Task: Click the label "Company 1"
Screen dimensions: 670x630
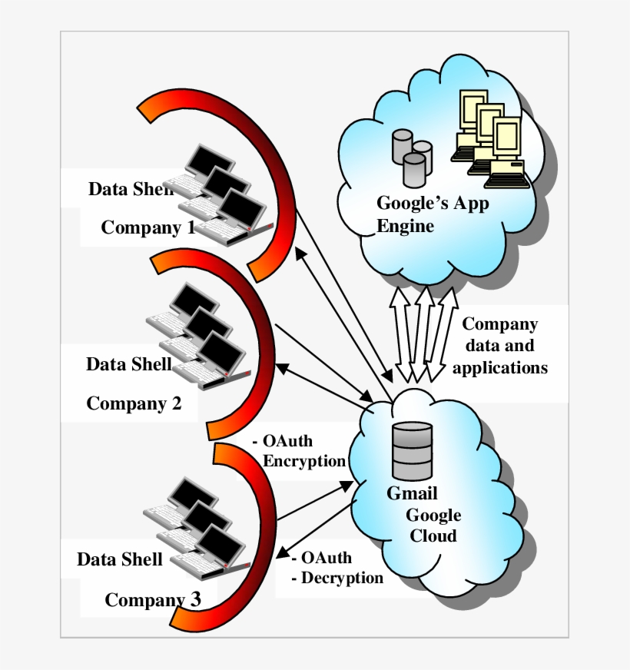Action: pos(148,228)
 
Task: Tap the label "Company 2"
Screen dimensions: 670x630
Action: pos(134,403)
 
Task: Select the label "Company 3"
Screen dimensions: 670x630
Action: pos(153,600)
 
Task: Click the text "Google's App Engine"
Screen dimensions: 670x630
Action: pos(432,214)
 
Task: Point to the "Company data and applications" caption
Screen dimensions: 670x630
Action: pos(500,346)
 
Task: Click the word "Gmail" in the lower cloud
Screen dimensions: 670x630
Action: pos(412,493)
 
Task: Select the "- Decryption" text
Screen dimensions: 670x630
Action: pos(338,578)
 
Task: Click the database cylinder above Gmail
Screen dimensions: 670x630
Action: pos(412,451)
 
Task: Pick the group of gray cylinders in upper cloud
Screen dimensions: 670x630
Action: pos(412,158)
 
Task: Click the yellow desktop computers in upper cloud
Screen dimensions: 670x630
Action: pos(490,138)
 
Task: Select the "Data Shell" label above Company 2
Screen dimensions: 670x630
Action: pos(129,363)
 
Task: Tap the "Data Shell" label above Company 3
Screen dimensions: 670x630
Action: pos(120,559)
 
